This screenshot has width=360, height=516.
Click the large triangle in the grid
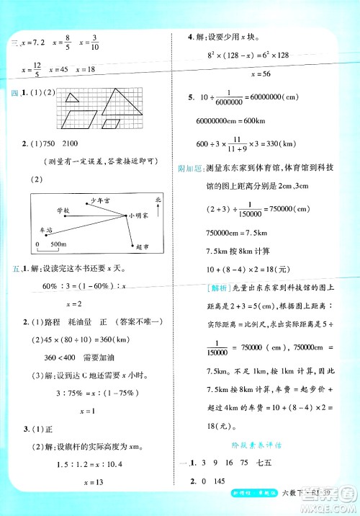point(114,100)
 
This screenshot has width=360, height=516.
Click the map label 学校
point(63,210)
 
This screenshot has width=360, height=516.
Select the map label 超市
point(142,246)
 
